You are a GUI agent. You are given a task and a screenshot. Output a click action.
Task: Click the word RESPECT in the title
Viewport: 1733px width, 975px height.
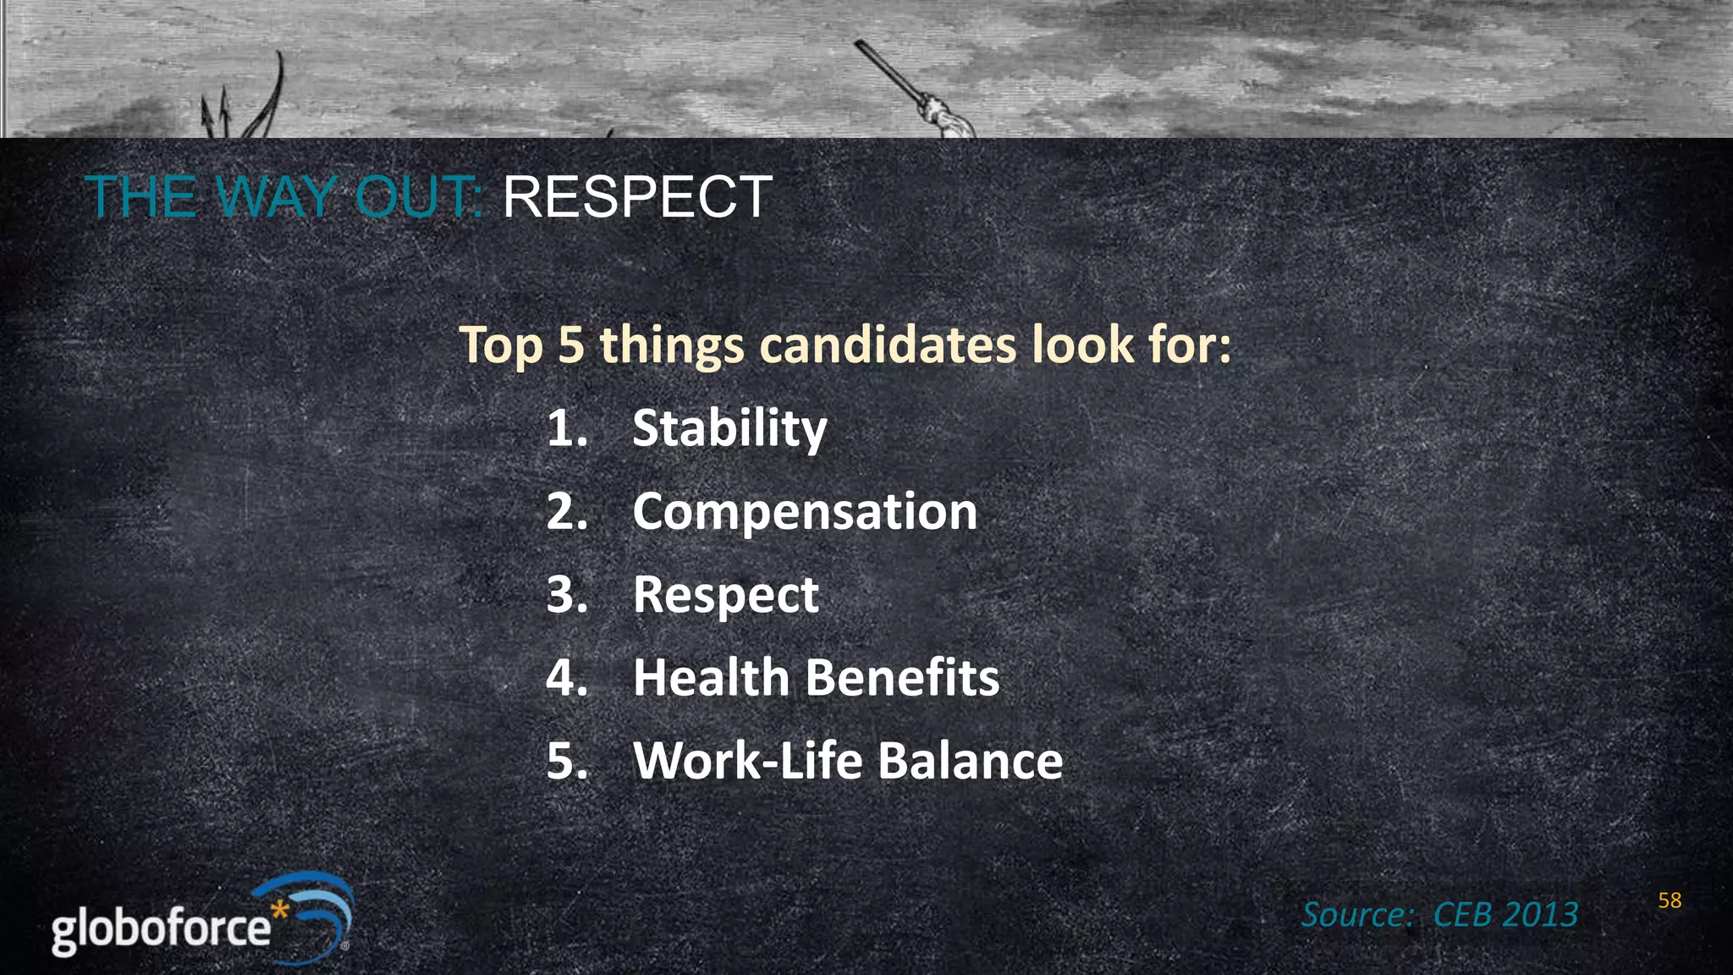tap(637, 197)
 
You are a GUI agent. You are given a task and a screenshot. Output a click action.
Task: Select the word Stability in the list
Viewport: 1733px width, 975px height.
tap(729, 428)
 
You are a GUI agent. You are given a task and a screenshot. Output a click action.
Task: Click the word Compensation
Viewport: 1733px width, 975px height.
tap(805, 512)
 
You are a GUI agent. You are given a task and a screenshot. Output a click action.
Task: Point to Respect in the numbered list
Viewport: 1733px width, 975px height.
tap(726, 595)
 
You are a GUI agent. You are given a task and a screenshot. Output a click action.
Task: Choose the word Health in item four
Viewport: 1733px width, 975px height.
tap(711, 678)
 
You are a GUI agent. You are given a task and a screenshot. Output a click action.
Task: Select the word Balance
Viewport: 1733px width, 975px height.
tap(970, 761)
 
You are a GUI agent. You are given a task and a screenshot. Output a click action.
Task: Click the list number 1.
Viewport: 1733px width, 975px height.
tap(564, 428)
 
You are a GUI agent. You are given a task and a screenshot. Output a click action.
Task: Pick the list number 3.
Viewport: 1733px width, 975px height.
tap(564, 595)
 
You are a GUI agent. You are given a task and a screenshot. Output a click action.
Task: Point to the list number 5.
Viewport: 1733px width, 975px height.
tap(564, 761)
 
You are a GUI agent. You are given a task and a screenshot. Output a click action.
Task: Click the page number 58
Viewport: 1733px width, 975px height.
tap(1670, 901)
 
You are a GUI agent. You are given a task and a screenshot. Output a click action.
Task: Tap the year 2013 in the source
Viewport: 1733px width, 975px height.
tap(1541, 915)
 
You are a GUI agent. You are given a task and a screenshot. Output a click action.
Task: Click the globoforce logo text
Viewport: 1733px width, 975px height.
tap(161, 929)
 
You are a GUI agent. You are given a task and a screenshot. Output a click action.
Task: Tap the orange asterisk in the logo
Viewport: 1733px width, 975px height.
tap(280, 912)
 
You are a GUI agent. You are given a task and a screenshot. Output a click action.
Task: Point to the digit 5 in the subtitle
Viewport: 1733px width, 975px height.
tap(570, 345)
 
